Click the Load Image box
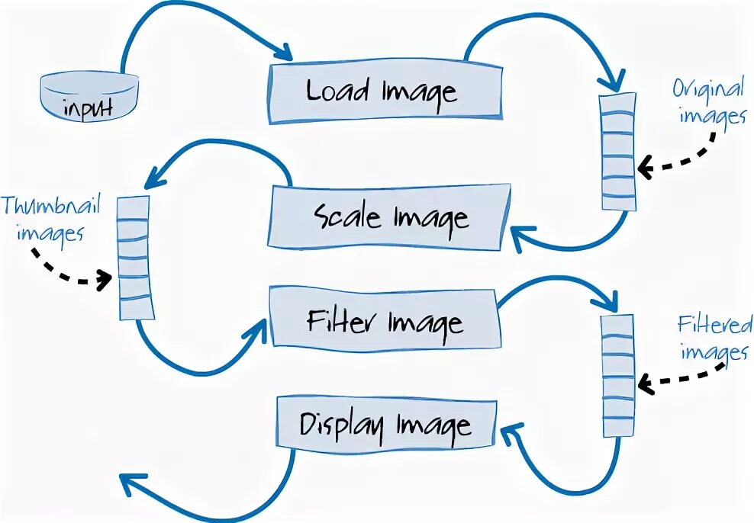click(x=385, y=92)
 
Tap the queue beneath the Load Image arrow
click(x=618, y=152)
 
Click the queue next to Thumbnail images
click(x=134, y=257)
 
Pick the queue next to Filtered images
click(x=618, y=374)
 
